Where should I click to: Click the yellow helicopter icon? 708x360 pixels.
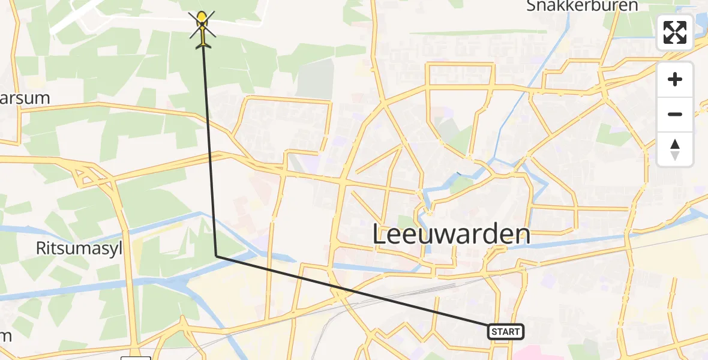(x=202, y=28)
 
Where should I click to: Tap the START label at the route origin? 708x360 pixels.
(x=506, y=331)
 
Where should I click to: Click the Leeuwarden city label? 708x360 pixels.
(x=451, y=234)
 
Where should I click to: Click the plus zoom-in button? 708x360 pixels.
(x=675, y=80)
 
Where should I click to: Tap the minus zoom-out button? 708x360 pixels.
(x=675, y=114)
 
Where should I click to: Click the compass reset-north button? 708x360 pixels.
(x=675, y=149)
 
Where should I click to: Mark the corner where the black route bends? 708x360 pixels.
(x=216, y=256)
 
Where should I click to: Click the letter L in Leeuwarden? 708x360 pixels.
(x=380, y=234)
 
